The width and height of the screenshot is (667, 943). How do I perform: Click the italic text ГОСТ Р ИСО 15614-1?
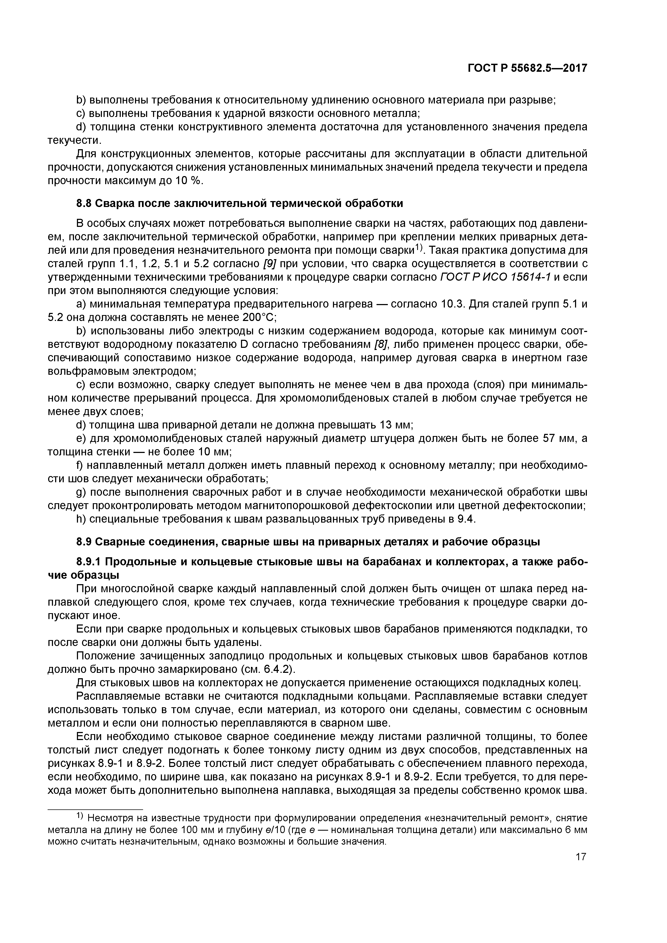[495, 277]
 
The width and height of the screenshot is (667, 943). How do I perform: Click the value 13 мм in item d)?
[398, 425]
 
